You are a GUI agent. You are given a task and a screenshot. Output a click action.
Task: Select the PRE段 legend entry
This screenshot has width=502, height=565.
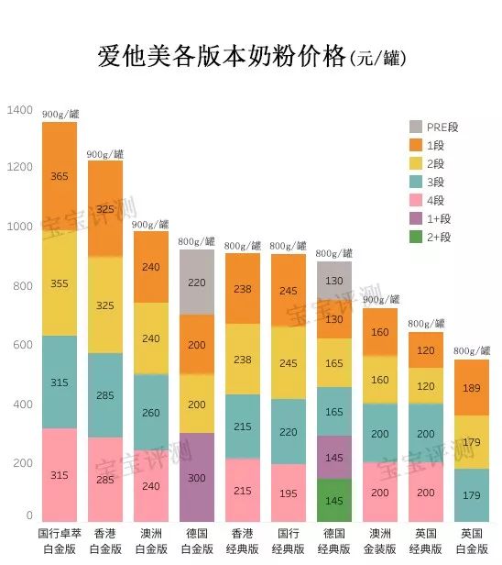pos(432,127)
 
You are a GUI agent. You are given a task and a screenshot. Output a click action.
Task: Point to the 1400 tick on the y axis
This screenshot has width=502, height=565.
pos(19,110)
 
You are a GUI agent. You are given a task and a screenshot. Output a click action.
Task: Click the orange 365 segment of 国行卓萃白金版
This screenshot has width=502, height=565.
pos(60,176)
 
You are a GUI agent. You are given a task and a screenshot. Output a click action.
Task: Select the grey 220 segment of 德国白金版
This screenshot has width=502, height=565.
pos(197,282)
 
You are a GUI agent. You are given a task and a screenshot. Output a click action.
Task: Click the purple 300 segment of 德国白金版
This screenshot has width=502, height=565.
pos(197,478)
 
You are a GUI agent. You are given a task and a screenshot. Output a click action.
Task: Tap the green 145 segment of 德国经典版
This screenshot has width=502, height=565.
pos(334,501)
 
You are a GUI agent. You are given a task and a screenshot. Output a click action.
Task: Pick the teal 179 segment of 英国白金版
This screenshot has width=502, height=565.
pos(472,496)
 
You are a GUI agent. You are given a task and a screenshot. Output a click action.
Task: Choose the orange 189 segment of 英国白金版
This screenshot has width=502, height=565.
pos(472,388)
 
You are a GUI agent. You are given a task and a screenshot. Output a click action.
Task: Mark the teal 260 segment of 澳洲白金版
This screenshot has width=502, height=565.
pos(151,413)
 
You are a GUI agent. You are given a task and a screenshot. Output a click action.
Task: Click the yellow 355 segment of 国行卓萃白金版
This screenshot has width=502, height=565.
pos(60,283)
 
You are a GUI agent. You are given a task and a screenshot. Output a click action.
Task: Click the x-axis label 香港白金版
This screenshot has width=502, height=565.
pos(105,540)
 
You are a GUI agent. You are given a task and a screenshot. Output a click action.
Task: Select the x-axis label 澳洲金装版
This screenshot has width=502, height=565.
pos(380,540)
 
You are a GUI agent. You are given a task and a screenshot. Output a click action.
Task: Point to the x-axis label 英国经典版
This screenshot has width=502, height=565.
pos(426,540)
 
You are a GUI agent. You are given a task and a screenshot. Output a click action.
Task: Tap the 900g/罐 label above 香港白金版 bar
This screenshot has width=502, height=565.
pos(105,154)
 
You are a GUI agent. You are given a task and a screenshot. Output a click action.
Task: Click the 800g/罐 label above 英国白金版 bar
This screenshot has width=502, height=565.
pos(472,351)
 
